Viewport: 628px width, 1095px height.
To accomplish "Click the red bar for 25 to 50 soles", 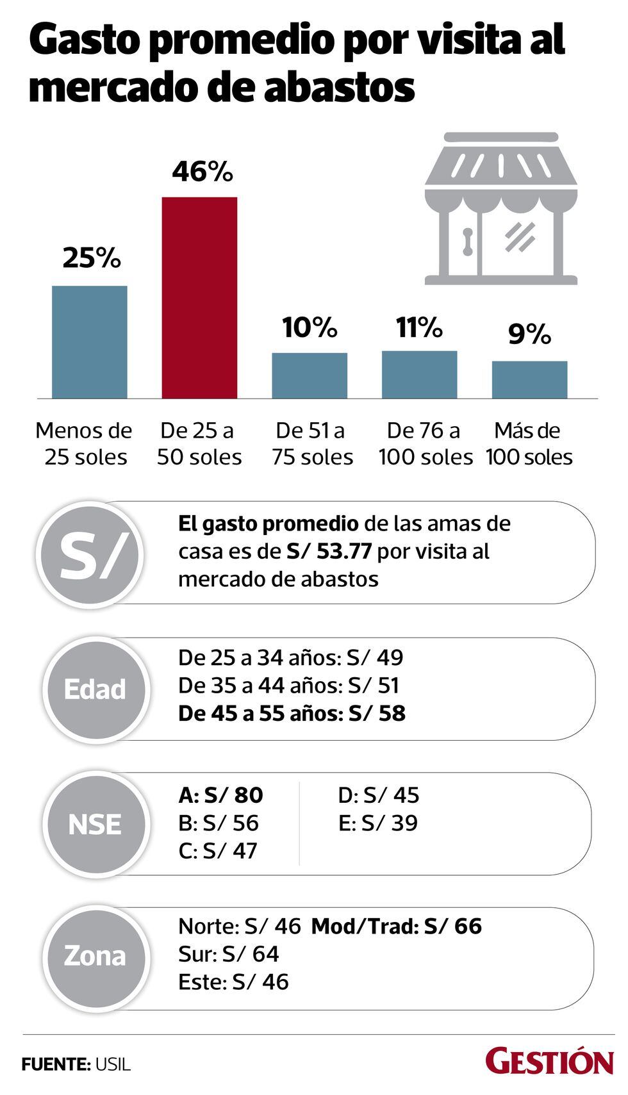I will coord(199,297).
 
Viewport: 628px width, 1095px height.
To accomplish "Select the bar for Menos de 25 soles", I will coord(89,342).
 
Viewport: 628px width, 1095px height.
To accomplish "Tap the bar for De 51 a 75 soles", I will coord(310,375).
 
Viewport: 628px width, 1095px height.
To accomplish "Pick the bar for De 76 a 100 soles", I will coord(420,374).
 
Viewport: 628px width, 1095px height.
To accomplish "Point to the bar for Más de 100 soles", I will coord(529,379).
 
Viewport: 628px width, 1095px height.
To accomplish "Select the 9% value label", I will coord(529,334).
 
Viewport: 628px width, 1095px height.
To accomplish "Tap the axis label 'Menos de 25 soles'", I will coord(84,443).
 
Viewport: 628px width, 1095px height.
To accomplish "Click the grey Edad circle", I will coord(95,689).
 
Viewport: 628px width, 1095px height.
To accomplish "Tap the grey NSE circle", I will coord(95,824).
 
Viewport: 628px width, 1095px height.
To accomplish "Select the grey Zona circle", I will coord(95,956).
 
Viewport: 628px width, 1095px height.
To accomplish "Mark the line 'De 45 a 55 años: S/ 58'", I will coord(292,714).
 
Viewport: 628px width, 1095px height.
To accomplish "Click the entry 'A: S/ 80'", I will coord(220,795).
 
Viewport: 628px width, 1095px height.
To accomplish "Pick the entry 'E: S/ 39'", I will coord(378,823).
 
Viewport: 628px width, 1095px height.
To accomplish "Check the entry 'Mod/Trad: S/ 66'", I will coord(396,926).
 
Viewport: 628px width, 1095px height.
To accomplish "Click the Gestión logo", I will coord(549,1062).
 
